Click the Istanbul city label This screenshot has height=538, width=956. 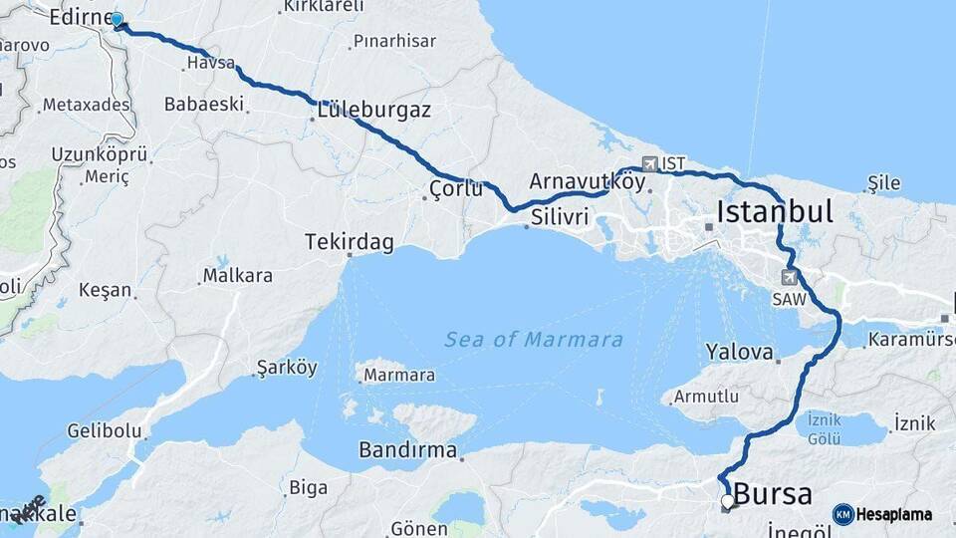click(x=774, y=211)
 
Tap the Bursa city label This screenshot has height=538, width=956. click(x=772, y=493)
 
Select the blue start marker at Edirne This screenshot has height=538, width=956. click(x=118, y=20)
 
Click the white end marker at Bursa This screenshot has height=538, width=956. click(x=728, y=502)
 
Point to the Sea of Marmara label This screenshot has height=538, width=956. click(x=534, y=340)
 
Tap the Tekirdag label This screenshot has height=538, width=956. click(x=350, y=243)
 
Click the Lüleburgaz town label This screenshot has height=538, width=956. click(x=374, y=110)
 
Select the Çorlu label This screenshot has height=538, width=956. click(x=456, y=188)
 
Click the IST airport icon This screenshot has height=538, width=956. click(x=650, y=162)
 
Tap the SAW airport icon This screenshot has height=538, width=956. click(x=790, y=277)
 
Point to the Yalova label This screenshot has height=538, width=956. click(x=739, y=352)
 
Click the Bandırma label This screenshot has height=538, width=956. click(x=407, y=450)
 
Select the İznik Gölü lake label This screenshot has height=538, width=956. click(x=824, y=427)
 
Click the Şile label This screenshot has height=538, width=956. click(x=883, y=182)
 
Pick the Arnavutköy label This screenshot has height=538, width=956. click(x=587, y=181)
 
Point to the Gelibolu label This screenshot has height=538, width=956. click(x=105, y=431)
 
